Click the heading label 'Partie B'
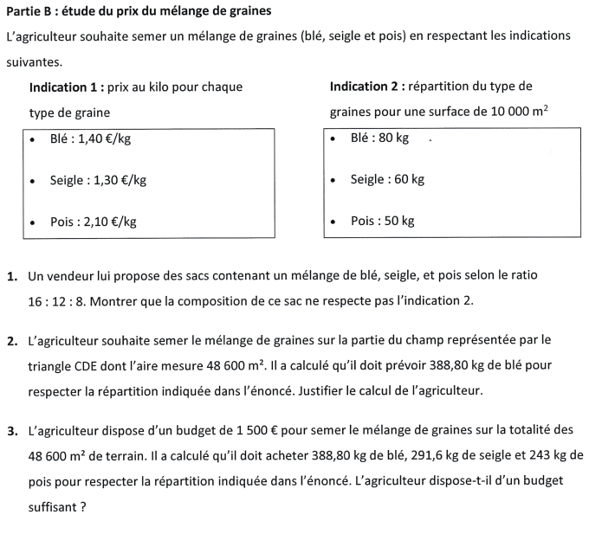click(29, 11)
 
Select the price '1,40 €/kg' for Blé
click(105, 138)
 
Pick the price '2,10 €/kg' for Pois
click(111, 222)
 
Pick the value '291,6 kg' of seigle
click(408, 455)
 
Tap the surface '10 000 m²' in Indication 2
click(519, 113)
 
